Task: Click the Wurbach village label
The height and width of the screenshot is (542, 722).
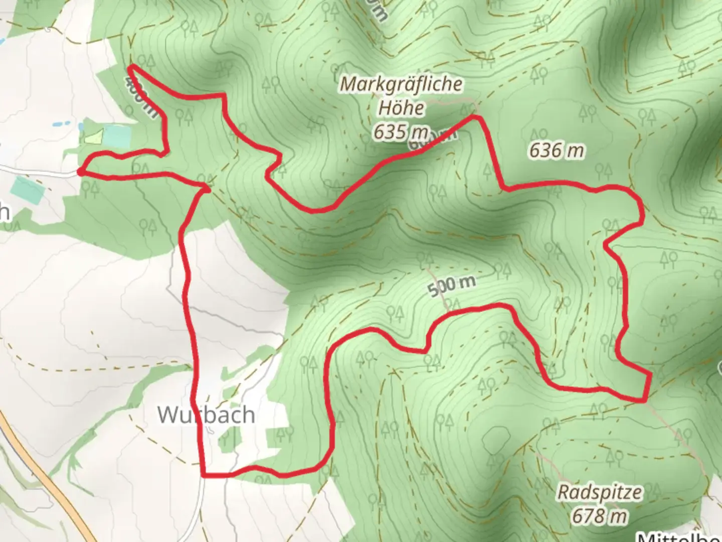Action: pos(206,415)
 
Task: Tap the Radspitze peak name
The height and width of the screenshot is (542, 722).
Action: pos(600,492)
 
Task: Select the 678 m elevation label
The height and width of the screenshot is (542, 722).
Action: pos(600,516)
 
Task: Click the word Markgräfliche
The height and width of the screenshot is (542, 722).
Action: pos(401,84)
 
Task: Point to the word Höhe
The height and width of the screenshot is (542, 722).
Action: pos(401,107)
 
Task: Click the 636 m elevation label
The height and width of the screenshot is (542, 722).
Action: pos(557,150)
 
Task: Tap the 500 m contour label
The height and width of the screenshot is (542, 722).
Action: pos(452,286)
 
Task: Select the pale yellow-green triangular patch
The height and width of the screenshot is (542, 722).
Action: pos(95,136)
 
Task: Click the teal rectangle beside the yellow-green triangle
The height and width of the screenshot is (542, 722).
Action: pos(117,134)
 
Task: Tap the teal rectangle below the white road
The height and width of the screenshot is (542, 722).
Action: pos(28,190)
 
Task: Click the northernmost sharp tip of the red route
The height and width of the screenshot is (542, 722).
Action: pos(131,66)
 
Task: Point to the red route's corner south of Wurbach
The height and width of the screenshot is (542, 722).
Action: pos(204,474)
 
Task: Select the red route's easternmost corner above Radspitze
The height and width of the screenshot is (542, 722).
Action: pos(650,374)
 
